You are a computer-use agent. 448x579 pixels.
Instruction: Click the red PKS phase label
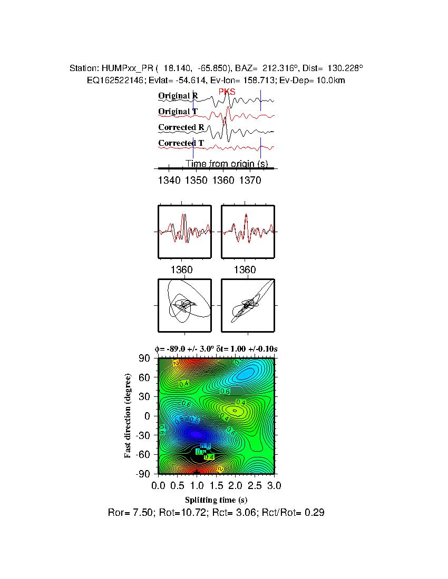point(227,92)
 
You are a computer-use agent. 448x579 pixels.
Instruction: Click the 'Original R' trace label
point(178,96)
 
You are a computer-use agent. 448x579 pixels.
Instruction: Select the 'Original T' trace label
point(178,112)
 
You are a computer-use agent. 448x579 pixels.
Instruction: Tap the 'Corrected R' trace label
point(181,127)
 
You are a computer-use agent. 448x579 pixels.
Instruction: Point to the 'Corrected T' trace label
point(181,143)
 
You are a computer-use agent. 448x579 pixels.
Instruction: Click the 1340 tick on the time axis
point(168,181)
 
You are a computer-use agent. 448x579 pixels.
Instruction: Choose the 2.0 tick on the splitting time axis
point(235,484)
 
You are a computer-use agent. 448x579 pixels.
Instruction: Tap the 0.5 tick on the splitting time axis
point(178,484)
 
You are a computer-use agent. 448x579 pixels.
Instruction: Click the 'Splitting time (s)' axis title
point(216,500)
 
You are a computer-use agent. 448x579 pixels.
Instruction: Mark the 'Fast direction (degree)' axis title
point(128,416)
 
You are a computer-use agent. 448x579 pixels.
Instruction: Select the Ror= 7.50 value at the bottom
point(127,513)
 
